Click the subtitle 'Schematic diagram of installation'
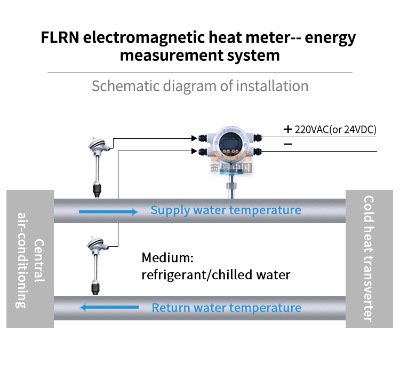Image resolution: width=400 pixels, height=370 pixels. click(x=200, y=86)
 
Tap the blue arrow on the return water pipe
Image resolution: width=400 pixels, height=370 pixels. click(x=109, y=308)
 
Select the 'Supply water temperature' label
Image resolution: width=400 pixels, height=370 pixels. click(x=226, y=210)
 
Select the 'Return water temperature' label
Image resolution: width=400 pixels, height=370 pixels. click(x=226, y=308)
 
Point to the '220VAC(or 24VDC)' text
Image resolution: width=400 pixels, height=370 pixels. click(x=335, y=129)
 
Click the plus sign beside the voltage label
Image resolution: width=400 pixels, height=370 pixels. click(x=288, y=129)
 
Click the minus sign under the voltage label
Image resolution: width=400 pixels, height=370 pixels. click(x=288, y=144)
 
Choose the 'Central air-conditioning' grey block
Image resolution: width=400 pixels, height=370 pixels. click(x=30, y=259)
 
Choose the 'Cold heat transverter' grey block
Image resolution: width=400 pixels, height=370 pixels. click(x=369, y=259)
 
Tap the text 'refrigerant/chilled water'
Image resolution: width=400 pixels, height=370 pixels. click(x=215, y=275)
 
